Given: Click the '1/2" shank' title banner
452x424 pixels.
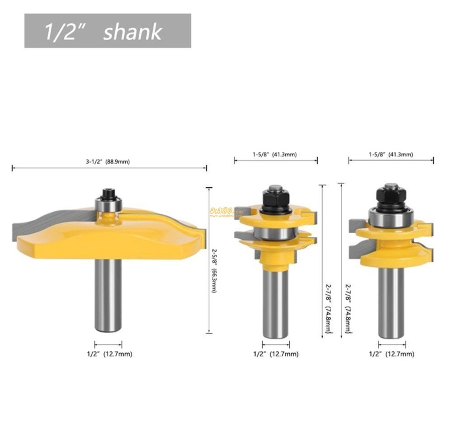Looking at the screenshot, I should (108, 31).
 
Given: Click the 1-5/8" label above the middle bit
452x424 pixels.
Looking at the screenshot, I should (274, 155).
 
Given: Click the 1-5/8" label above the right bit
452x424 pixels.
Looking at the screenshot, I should (391, 155).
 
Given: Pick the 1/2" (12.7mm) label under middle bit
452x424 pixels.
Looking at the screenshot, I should (276, 354).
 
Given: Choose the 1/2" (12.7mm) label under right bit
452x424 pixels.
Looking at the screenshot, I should (391, 354).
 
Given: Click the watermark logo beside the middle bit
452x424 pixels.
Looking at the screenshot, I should (225, 211).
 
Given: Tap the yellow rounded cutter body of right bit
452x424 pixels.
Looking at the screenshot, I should (391, 251).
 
